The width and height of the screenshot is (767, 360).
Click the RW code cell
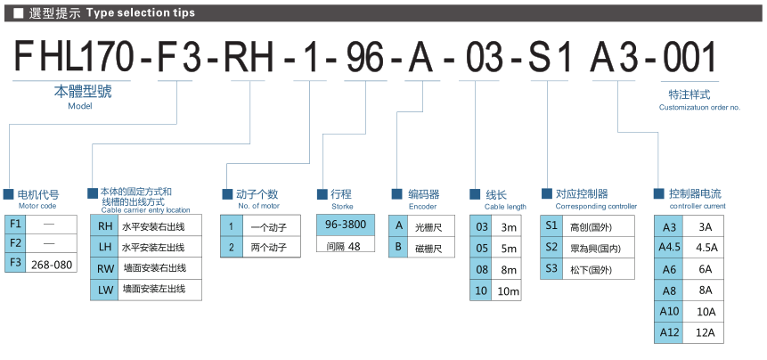(x=105, y=268)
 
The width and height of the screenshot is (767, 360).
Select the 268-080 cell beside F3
(x=52, y=265)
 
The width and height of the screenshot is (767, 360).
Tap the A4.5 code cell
(x=670, y=248)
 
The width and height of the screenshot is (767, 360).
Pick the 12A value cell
(x=706, y=333)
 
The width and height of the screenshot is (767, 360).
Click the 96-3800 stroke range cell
(x=346, y=225)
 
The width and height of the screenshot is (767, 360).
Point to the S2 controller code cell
(x=551, y=248)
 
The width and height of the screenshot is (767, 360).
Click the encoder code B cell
(x=398, y=248)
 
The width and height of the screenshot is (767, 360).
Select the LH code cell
(x=105, y=248)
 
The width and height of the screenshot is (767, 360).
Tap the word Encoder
(x=422, y=207)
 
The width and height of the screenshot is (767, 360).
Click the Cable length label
(x=505, y=207)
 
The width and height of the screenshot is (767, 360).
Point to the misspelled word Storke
(x=342, y=207)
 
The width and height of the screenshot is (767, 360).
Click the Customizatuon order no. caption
(x=699, y=107)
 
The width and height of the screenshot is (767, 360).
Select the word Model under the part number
(x=80, y=106)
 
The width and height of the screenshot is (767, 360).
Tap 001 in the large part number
(x=689, y=57)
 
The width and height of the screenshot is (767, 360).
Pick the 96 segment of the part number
(x=364, y=57)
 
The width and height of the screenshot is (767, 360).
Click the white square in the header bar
(x=18, y=13)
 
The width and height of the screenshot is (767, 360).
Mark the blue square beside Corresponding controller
(x=546, y=193)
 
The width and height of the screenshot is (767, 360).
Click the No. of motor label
(x=259, y=206)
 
